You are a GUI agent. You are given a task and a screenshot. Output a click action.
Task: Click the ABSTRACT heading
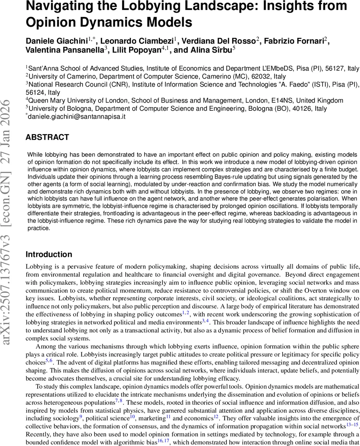[47, 137]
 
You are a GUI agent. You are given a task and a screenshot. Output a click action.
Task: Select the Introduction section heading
[49, 255]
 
